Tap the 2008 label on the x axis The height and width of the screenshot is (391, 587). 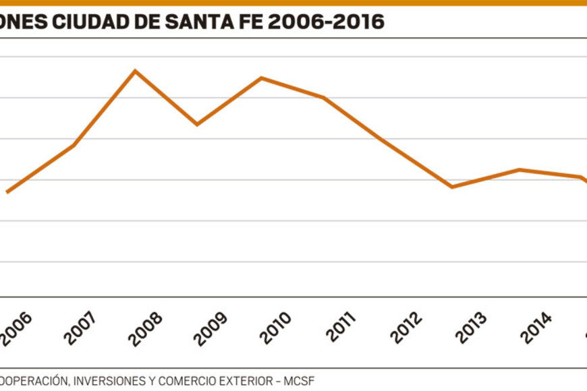146,328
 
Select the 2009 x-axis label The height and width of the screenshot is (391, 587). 210,328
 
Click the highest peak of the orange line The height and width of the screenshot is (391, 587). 135,71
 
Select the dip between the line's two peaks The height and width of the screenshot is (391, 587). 197,124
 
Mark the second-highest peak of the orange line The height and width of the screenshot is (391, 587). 261,78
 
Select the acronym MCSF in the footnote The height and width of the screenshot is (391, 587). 298,381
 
